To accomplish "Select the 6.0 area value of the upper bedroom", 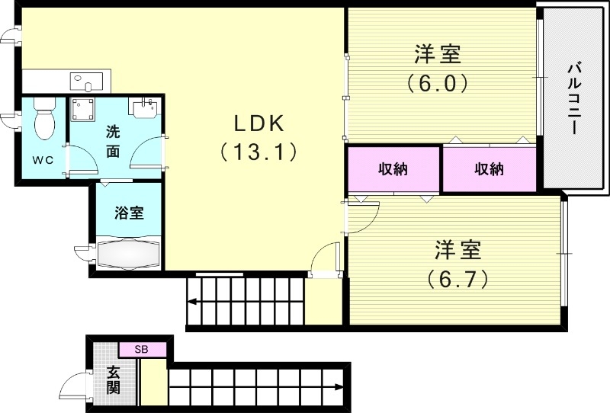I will pyautogui.click(x=436, y=82).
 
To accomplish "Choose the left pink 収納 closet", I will pyautogui.click(x=393, y=170).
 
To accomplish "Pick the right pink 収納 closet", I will pyautogui.click(x=490, y=170).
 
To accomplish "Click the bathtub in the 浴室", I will pyautogui.click(x=127, y=252).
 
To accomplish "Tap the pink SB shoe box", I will pyautogui.click(x=141, y=350).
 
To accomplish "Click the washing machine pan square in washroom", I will pyautogui.click(x=84, y=110).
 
